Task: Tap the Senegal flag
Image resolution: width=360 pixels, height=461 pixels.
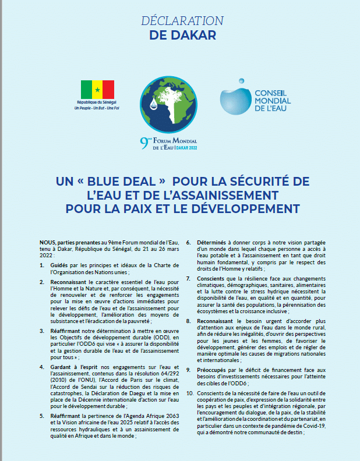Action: coord(97,89)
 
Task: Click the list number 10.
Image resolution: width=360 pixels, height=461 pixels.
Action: coord(190,393)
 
